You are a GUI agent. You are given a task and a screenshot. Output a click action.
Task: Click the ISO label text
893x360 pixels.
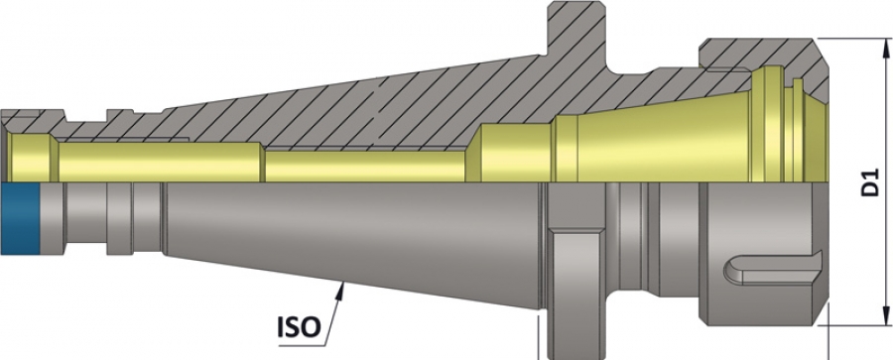[299, 327]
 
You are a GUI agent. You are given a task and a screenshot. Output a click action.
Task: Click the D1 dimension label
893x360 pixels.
[870, 181]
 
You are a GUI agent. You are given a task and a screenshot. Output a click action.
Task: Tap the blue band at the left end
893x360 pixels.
[20, 219]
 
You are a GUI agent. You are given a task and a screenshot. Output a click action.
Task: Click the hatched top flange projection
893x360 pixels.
[575, 34]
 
